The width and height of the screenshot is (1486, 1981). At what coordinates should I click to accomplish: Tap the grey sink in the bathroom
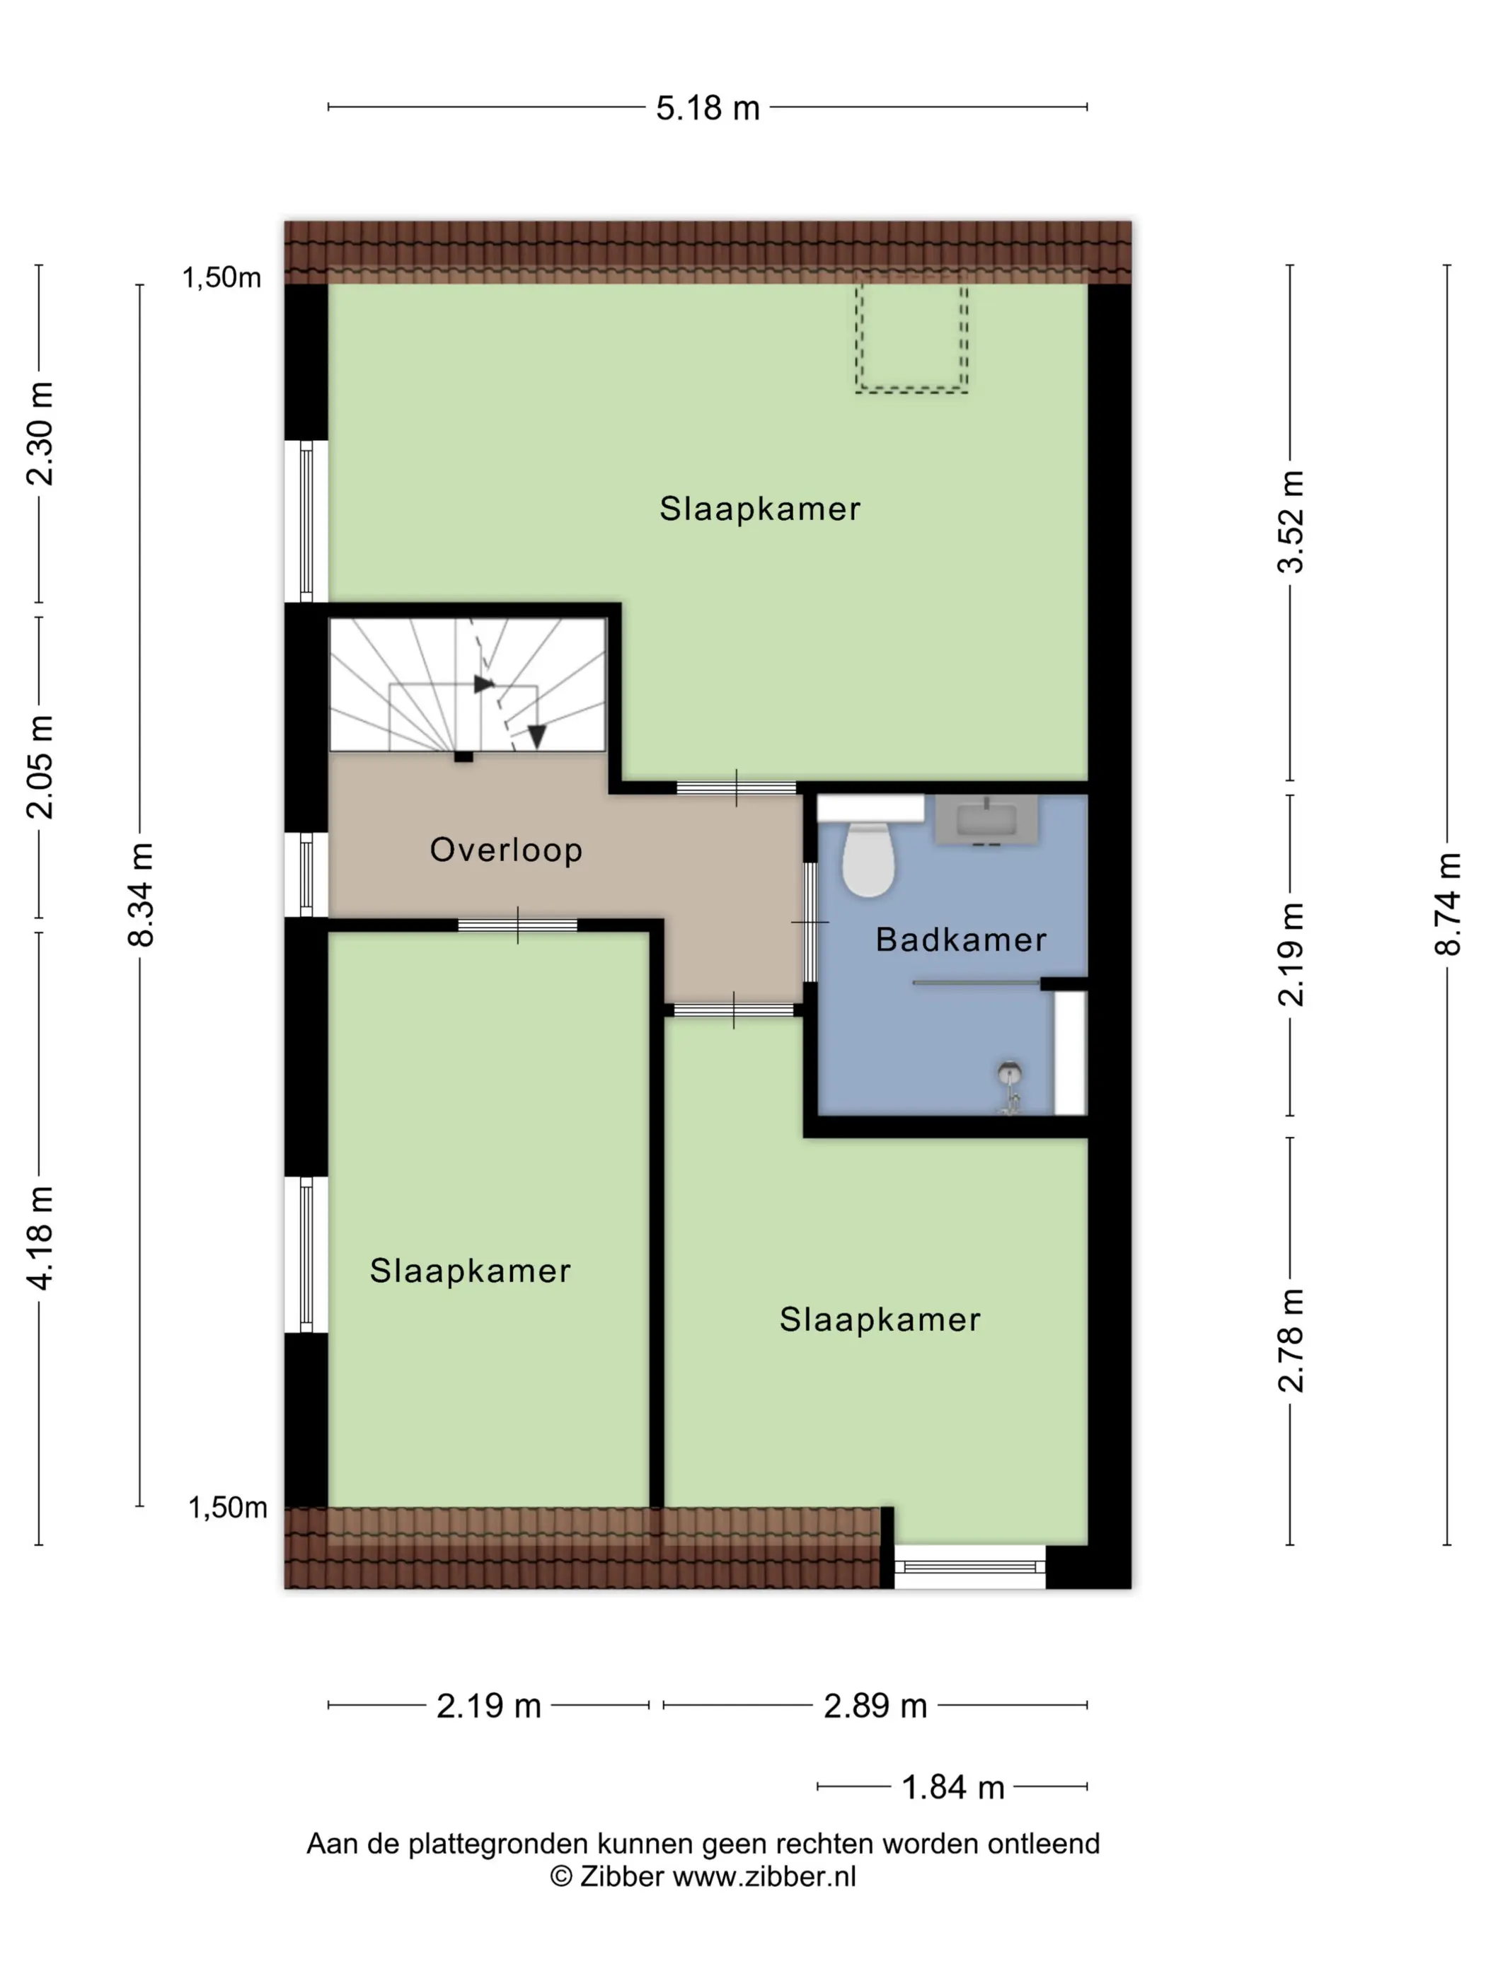coord(986,819)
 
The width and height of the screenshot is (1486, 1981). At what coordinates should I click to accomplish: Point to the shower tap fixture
coord(1010,1087)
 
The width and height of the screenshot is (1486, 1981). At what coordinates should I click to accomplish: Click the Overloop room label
coord(506,849)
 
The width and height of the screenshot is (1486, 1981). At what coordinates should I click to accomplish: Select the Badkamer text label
coord(960,940)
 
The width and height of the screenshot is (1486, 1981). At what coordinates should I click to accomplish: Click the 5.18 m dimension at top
coord(708,108)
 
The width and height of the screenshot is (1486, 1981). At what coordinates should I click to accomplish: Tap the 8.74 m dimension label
coord(1448,904)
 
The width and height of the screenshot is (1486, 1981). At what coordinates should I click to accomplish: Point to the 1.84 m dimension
coord(953,1786)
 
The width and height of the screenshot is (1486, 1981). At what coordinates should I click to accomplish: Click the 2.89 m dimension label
coord(875,1705)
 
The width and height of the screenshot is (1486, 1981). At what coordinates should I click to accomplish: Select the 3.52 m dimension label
coord(1291,522)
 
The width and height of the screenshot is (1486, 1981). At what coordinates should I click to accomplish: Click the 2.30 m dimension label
coord(40,434)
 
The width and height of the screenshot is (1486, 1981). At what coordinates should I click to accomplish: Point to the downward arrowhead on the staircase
coord(536,737)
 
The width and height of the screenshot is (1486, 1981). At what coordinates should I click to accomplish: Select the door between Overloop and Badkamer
coord(810,922)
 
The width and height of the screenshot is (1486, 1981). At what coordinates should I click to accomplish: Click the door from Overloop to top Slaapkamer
coord(737,788)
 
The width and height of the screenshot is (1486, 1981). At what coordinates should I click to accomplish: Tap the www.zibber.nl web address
coord(764,1876)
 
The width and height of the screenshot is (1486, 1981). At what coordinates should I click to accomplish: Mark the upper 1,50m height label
coord(221,277)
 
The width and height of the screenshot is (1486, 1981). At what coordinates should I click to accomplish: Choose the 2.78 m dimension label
coord(1291,1341)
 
